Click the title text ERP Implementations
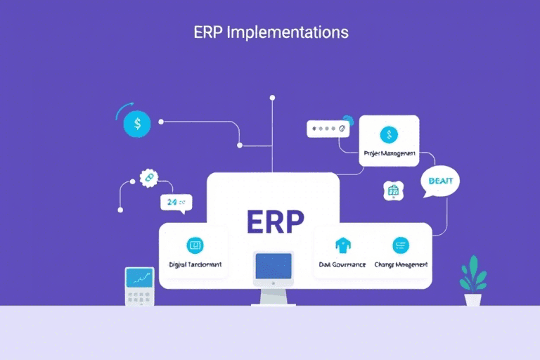(x=270, y=32)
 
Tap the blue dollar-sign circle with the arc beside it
(x=136, y=124)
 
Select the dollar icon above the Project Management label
(x=389, y=135)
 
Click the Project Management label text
(x=389, y=153)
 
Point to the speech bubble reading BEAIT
(x=439, y=182)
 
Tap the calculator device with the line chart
(x=139, y=285)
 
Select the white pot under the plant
(x=473, y=299)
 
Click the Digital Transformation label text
(x=195, y=264)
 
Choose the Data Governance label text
(x=342, y=264)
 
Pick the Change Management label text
(x=402, y=264)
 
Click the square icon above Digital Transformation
(x=194, y=245)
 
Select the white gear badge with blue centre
(x=148, y=179)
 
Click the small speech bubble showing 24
(x=174, y=202)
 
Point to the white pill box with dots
(x=328, y=129)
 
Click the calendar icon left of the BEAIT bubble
(x=392, y=190)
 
